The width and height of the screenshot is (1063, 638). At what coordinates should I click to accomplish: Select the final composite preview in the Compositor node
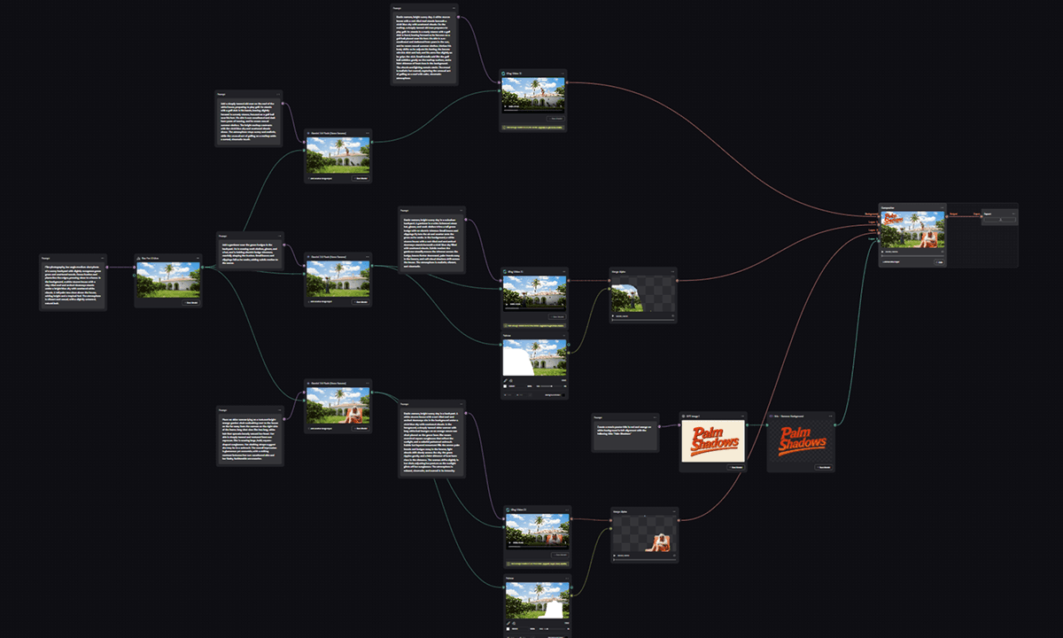[x=912, y=230]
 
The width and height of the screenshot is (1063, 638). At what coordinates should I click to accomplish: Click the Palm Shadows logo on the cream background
[x=712, y=440]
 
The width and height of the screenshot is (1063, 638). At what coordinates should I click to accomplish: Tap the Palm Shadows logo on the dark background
[x=801, y=440]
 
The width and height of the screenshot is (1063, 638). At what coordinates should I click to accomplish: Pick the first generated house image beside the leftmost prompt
[x=168, y=280]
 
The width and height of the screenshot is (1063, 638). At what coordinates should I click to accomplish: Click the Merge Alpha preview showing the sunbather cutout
[x=644, y=536]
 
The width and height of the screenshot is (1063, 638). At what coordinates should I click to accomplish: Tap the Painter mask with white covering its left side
[x=535, y=357]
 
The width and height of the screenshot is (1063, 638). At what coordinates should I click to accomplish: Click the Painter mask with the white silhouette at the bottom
[x=537, y=600]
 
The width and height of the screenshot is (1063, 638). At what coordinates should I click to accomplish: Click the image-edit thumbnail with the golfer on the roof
[x=338, y=154]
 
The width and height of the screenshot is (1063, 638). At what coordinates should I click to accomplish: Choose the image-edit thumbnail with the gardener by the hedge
[x=338, y=279]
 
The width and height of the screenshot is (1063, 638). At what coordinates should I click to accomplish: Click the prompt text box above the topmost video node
[x=424, y=44]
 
